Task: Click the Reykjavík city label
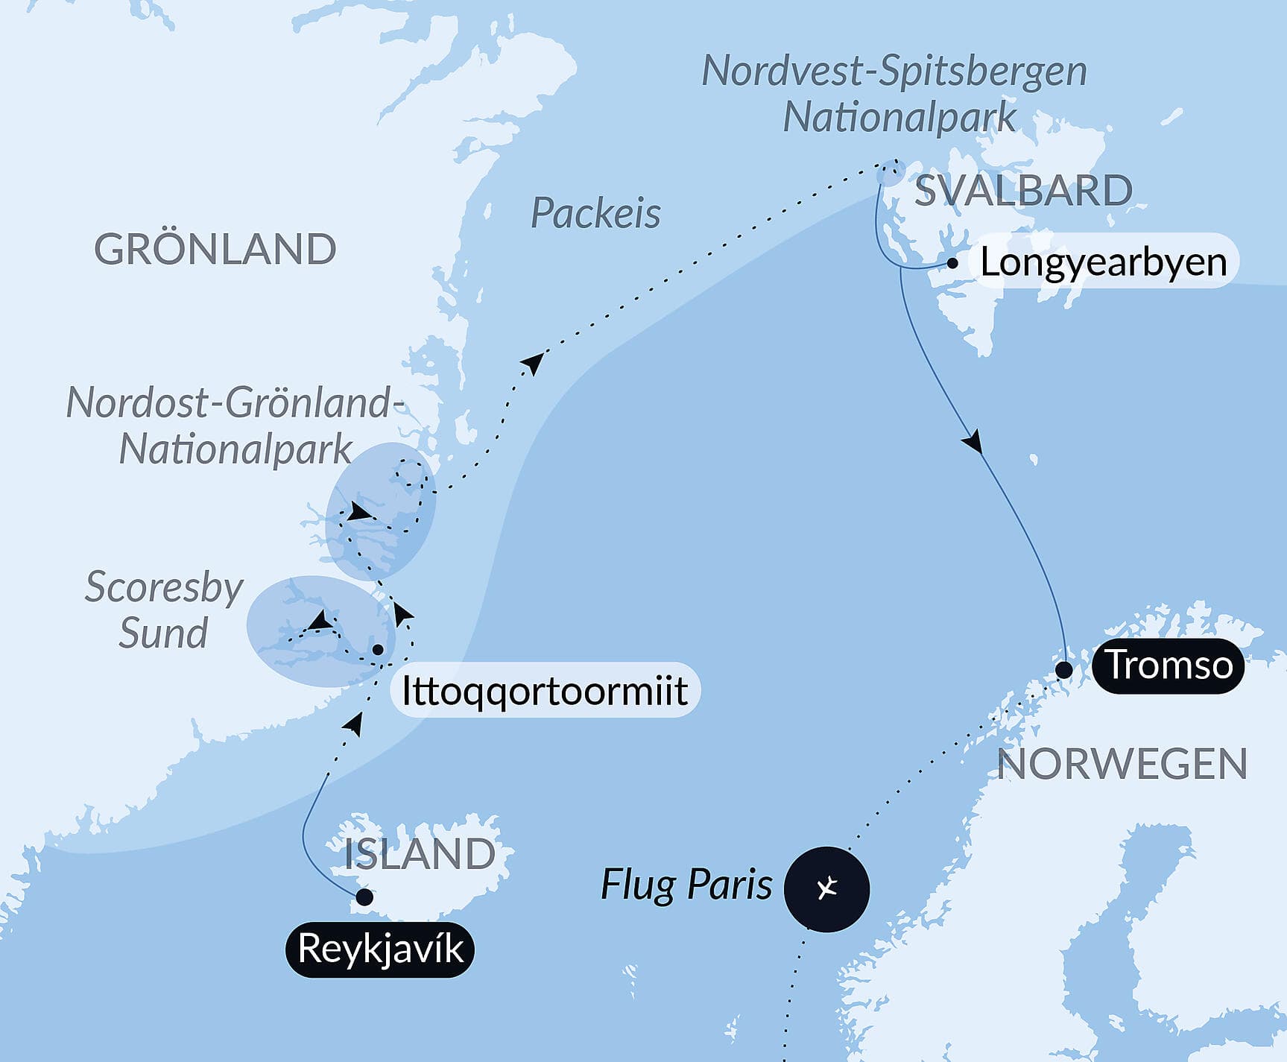380,949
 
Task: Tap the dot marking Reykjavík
364,897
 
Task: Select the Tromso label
1168,665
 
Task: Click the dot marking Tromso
1064,670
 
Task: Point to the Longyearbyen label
1103,262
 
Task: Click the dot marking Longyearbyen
952,263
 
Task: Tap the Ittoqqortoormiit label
544,690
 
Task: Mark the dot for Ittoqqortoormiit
378,650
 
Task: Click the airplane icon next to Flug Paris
826,889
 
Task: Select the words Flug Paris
686,885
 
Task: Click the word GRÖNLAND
215,249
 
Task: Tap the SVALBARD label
1023,191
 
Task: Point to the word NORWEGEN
1122,765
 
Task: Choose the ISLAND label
420,854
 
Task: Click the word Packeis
595,214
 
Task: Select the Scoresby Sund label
164,610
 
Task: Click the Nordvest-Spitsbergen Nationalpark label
895,94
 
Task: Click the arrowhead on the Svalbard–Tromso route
972,443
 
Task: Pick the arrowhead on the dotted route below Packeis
533,363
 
